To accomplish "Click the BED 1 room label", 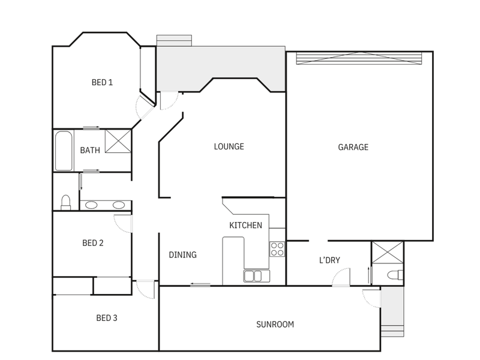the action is coord(102,82).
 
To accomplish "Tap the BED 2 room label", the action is coord(93,243).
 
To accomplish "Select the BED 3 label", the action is coord(107,318).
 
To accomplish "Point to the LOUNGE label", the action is coord(229,146).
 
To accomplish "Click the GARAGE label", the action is coord(353,147).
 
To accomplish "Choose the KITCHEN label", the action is coord(245,226).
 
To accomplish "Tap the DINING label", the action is coord(183,254).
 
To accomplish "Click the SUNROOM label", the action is coord(275,325).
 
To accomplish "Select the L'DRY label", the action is coord(329,260).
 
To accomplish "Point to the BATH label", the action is coord(90,151).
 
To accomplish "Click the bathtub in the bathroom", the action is coord(64,151).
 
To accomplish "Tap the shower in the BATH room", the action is coord(118,141).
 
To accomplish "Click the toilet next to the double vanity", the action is coord(65,202).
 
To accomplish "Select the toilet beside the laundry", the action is coord(395,275).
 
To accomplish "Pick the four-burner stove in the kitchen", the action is coord(277,249).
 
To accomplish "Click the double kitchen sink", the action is coord(257,276).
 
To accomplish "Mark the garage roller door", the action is coord(359,58).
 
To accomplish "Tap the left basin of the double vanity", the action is coord(91,205).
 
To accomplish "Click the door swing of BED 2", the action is coord(123,223).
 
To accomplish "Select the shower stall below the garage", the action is coord(388,252).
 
